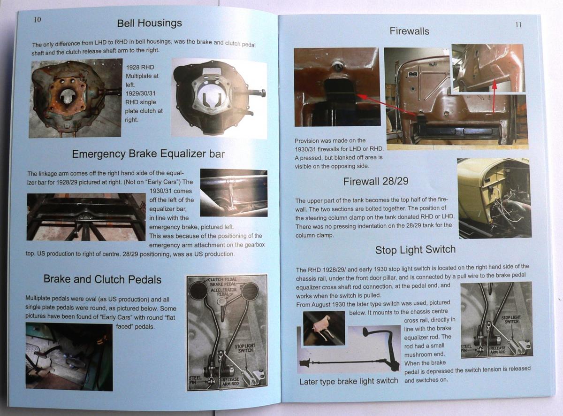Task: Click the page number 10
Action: coord(38,20)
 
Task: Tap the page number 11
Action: coord(518,24)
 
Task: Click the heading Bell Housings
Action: coord(150,23)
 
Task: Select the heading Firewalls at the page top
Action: coord(410,31)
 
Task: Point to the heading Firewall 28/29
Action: coord(376,181)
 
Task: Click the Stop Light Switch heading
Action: coord(415,249)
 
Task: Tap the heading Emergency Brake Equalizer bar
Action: coord(149,154)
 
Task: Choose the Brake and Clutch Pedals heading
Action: coord(103,279)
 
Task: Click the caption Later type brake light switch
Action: coord(349,381)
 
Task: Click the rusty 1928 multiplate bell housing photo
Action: coord(76,98)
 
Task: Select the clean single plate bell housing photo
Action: coord(219,98)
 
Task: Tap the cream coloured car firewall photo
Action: coord(494,198)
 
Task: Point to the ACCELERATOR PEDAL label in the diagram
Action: coord(223,292)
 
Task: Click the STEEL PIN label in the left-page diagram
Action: coord(195,380)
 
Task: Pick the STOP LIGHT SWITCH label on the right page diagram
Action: coord(511,319)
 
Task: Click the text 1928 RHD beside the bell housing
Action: coord(140,67)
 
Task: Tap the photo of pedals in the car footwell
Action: coord(69,357)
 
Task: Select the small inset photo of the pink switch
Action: coord(324,328)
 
